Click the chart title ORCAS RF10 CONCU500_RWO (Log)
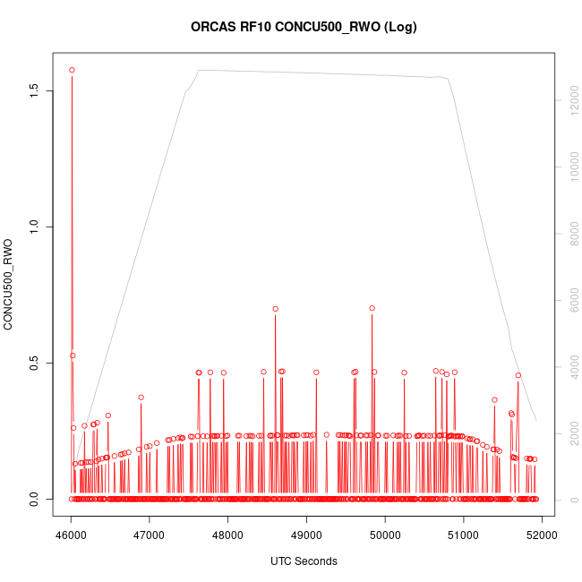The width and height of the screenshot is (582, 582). click(x=304, y=27)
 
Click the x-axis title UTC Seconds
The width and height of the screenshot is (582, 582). click(x=304, y=561)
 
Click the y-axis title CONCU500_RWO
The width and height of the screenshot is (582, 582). click(x=9, y=284)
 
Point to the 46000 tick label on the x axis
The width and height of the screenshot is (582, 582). click(x=71, y=535)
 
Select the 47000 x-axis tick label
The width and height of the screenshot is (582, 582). click(x=150, y=535)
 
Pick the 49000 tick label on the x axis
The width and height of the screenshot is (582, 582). click(x=306, y=535)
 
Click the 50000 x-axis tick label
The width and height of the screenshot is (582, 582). click(x=385, y=535)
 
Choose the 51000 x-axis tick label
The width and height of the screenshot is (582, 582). click(x=464, y=535)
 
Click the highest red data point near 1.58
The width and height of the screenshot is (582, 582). click(x=72, y=70)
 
